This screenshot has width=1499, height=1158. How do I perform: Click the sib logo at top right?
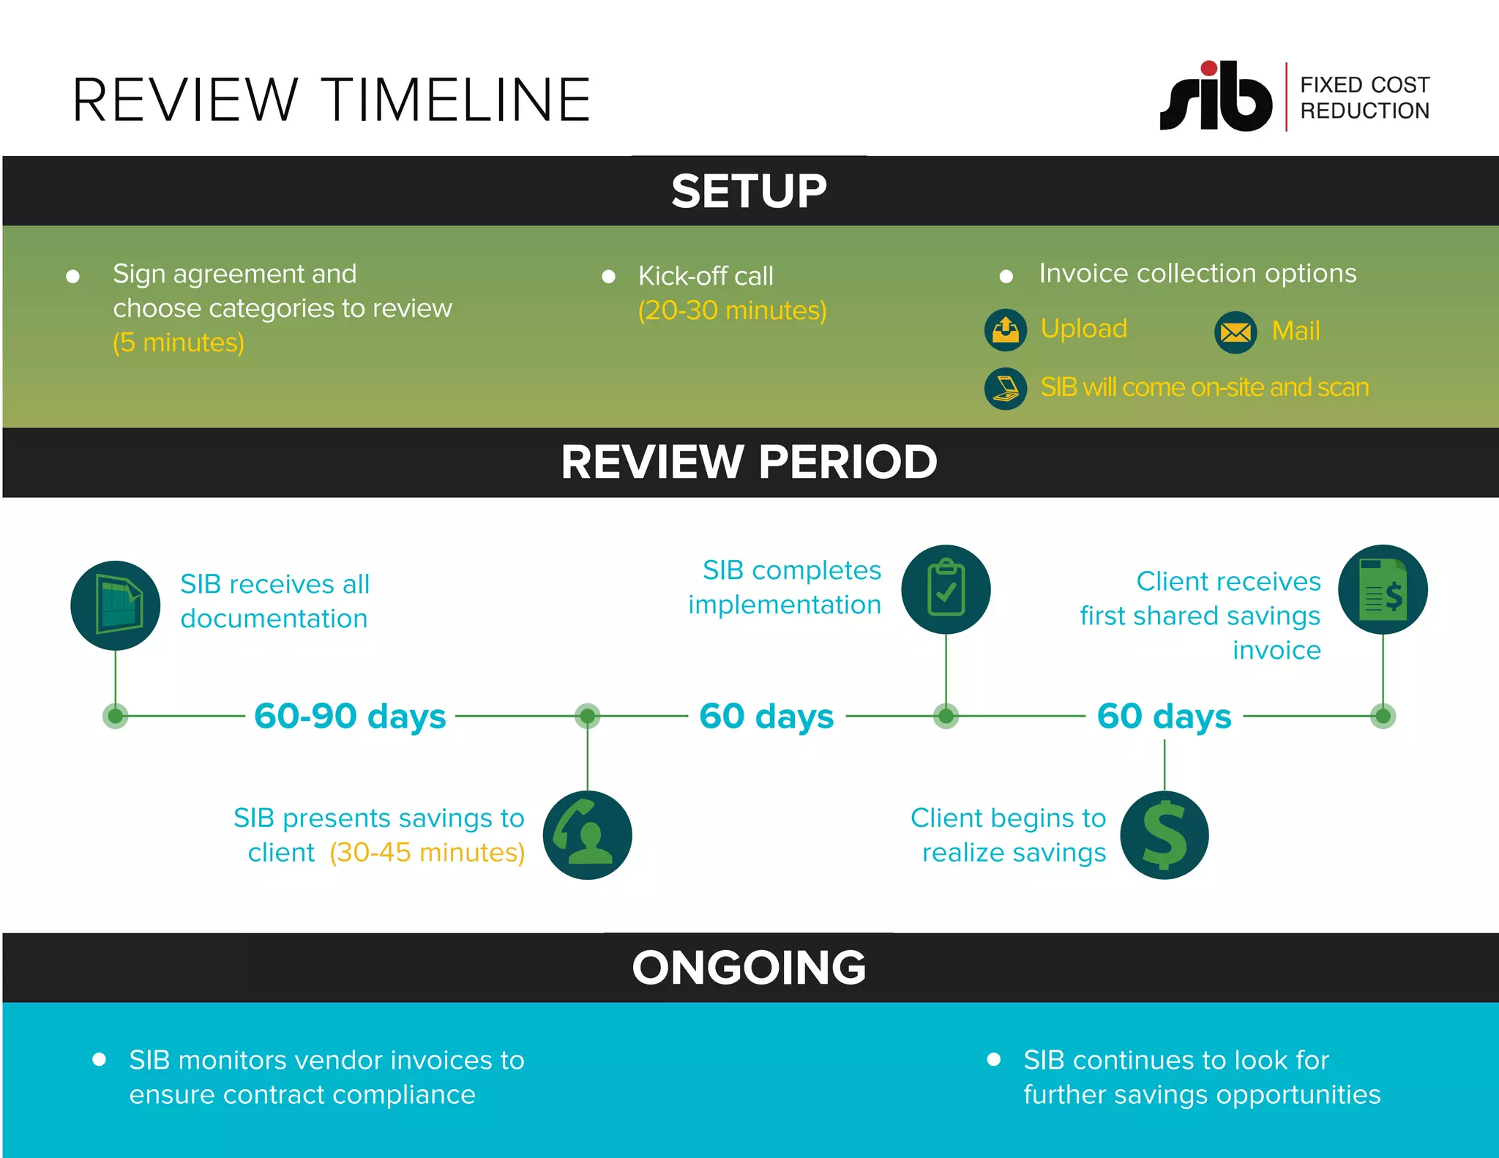[1216, 97]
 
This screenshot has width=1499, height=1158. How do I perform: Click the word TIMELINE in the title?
[456, 100]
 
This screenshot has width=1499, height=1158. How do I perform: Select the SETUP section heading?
[749, 191]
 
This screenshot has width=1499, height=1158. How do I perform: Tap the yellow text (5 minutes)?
[179, 343]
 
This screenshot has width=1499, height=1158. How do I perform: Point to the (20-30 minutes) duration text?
[732, 310]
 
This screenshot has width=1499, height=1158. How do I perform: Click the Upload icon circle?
[1005, 330]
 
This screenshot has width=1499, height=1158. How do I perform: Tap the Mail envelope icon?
[1236, 332]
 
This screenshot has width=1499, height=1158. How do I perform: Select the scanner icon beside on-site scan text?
[1006, 388]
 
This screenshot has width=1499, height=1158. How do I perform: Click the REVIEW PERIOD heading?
[749, 462]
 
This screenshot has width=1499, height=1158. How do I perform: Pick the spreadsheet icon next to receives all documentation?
[116, 605]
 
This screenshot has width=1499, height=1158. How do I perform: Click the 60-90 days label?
[350, 716]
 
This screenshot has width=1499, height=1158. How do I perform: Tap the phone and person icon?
[587, 835]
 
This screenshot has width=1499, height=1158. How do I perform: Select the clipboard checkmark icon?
[946, 589]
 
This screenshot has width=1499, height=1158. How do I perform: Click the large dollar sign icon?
[1164, 835]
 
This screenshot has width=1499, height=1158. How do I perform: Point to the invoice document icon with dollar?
[1382, 589]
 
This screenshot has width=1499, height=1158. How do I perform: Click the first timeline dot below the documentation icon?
[116, 715]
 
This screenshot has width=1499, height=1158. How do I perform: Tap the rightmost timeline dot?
[1383, 715]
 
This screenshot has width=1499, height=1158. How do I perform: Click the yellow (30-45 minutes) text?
[427, 853]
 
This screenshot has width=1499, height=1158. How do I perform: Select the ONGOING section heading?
[749, 968]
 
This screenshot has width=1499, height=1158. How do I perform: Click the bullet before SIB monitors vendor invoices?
[100, 1059]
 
